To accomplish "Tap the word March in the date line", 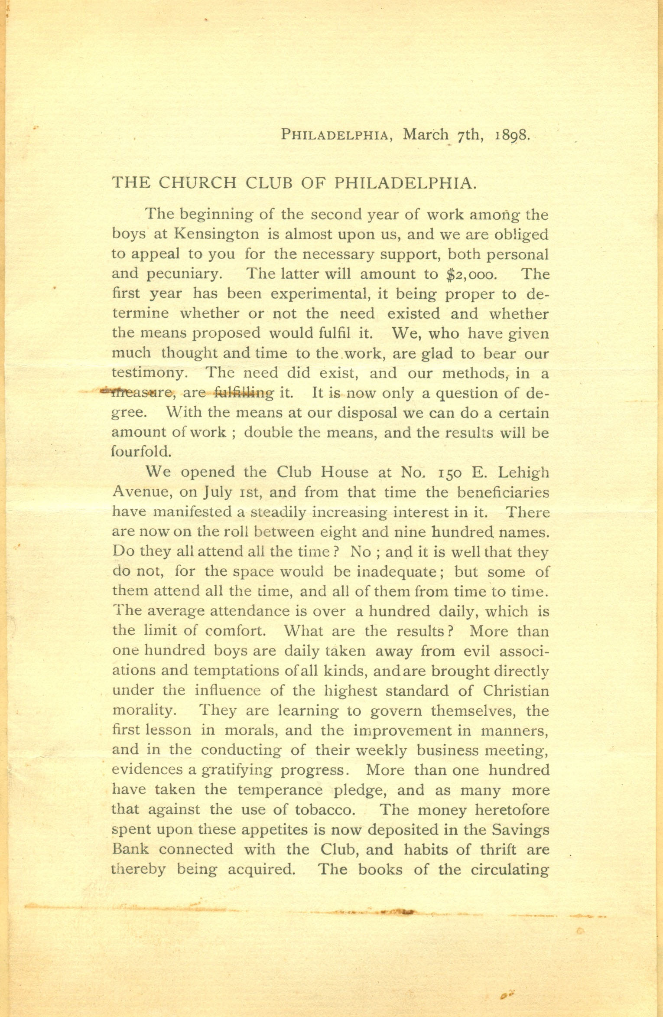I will [426, 134].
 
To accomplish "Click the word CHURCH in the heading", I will [197, 183].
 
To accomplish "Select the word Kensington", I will [217, 235].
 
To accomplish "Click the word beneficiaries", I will [504, 492].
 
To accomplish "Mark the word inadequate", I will [396, 572].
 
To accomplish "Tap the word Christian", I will [516, 691].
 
